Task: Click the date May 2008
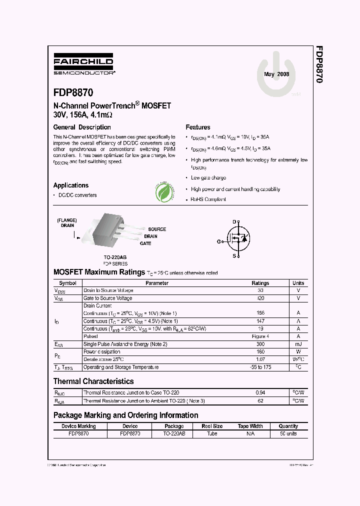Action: coord(276,74)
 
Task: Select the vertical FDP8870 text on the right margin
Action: coord(318,64)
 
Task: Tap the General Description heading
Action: coord(82,127)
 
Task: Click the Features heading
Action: coord(197,127)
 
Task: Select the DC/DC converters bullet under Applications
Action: coord(77,195)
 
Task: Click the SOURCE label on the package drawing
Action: coord(157,229)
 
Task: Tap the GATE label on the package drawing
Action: coord(145,243)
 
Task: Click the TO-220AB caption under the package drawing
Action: coord(115,257)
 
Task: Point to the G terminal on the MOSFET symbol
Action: coord(218,241)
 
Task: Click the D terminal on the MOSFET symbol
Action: coord(233,221)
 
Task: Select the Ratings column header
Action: coord(260,283)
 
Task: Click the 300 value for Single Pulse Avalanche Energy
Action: coord(260,344)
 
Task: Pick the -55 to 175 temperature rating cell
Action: coord(260,367)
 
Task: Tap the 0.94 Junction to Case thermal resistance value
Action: coord(260,393)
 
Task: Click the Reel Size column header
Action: coord(212,426)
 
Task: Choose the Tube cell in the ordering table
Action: coord(212,434)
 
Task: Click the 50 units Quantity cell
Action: coord(288,434)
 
